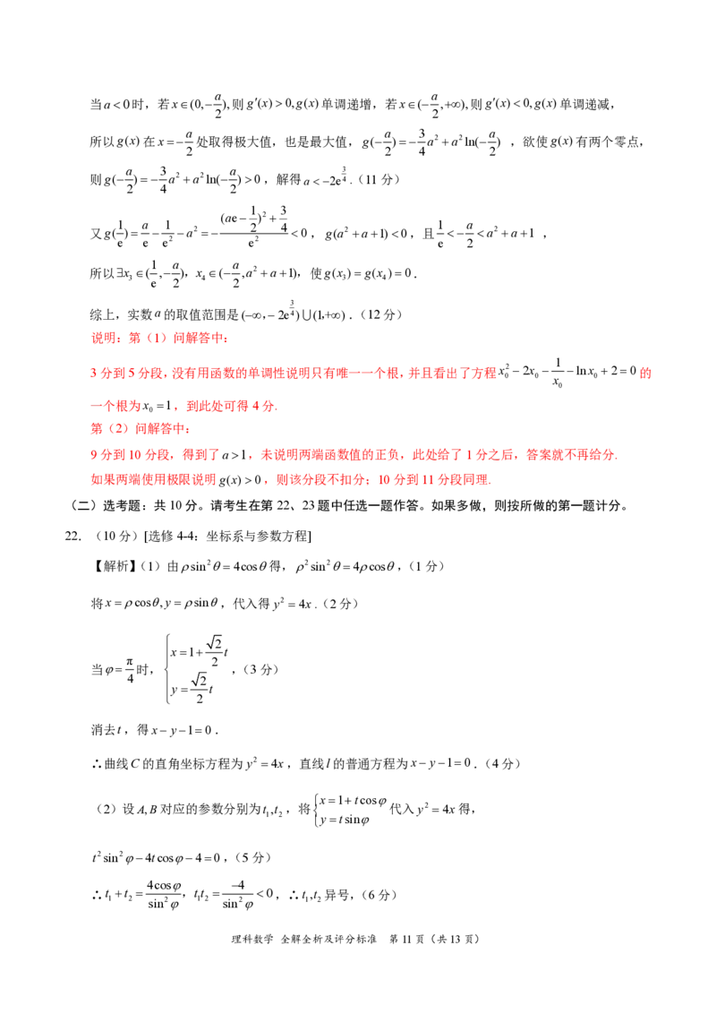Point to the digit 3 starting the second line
click(x=91, y=374)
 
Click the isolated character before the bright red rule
click(x=643, y=374)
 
